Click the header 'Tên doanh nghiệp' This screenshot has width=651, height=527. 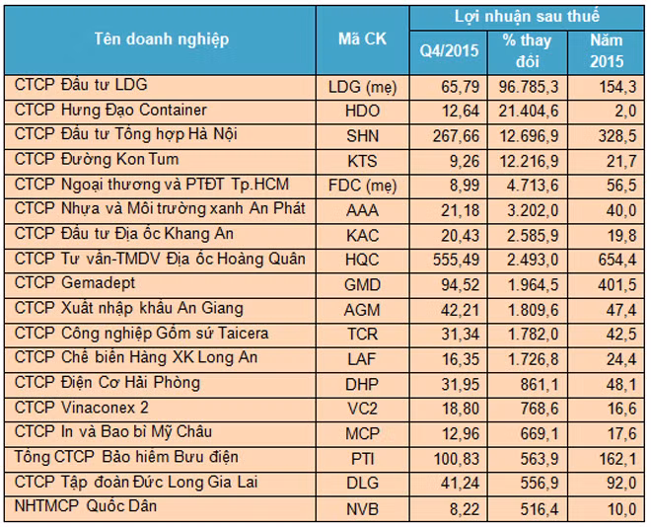(162, 39)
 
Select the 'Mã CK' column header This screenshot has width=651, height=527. (362, 39)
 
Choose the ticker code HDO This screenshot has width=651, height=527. (362, 111)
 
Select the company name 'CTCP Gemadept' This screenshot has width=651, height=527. (74, 283)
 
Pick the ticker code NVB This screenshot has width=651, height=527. (362, 507)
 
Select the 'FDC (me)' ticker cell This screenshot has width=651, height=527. (362, 185)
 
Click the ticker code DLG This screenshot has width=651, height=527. (362, 483)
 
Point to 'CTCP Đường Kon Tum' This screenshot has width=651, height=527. (97, 159)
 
